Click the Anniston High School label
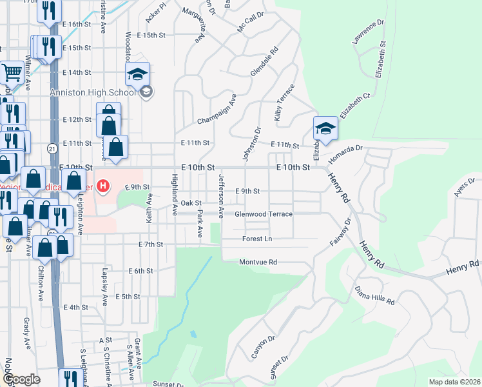click(x=93, y=92)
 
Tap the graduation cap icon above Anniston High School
click(x=137, y=75)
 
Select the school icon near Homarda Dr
click(x=325, y=128)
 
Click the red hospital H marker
click(x=103, y=188)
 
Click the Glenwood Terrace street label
click(x=264, y=214)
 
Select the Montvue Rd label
click(x=258, y=263)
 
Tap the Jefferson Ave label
click(x=221, y=195)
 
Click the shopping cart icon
click(x=11, y=74)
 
